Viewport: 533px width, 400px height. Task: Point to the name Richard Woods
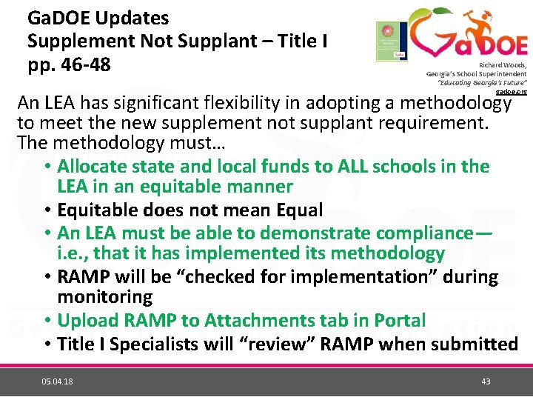503,65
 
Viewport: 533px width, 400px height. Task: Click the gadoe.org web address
512,91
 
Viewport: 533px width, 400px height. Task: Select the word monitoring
105,298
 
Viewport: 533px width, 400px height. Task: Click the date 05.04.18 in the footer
57,381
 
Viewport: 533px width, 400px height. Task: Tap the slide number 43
486,381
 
